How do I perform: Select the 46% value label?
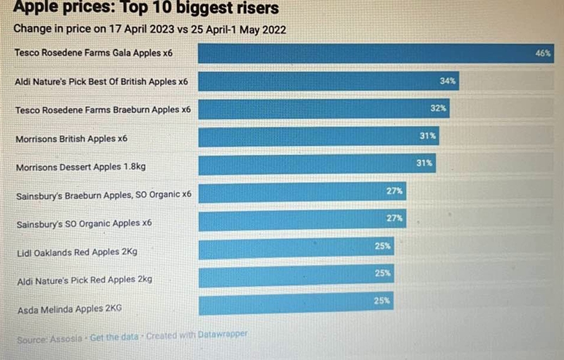(x=543, y=53)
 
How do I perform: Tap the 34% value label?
(x=448, y=81)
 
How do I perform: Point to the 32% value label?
(x=438, y=108)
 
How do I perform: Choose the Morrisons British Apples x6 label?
(x=71, y=139)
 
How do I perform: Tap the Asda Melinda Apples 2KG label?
(x=70, y=309)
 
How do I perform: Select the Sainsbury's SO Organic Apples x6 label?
(x=84, y=223)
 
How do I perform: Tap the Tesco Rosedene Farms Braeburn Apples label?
(x=103, y=110)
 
